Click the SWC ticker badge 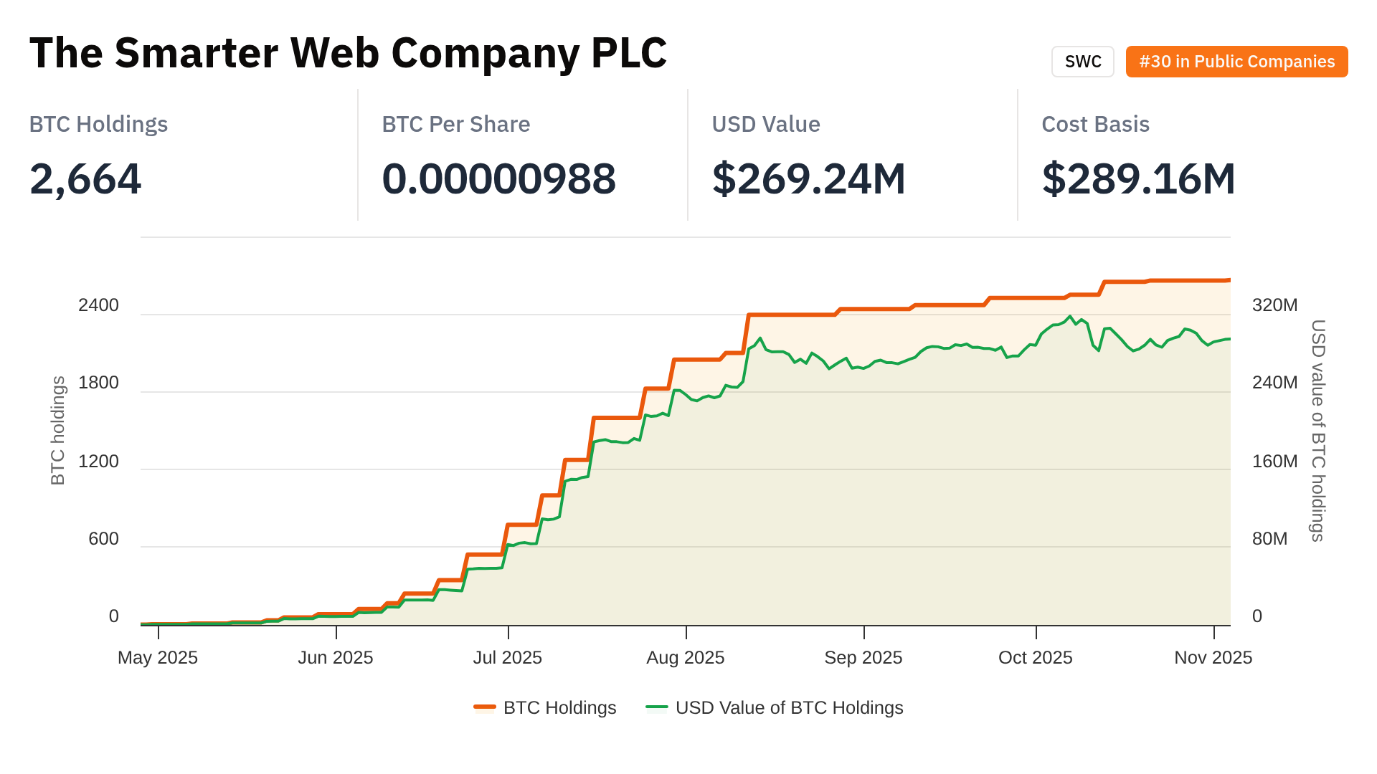[1082, 62]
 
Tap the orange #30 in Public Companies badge [1236, 62]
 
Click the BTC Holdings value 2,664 [85, 178]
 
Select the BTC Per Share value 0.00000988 [498, 178]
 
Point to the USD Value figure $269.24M [808, 178]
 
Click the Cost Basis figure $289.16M [1138, 178]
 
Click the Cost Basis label [1095, 124]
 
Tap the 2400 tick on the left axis [98, 305]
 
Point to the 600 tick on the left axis [103, 539]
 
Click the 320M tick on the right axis [1274, 305]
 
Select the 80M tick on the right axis [1269, 539]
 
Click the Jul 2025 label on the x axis [508, 658]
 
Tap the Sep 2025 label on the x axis [863, 658]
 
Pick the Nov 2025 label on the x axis [1213, 658]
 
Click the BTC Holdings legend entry [546, 708]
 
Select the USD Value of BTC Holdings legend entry [775, 708]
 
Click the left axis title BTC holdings [58, 431]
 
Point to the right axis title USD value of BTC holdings [1318, 431]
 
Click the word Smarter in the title [196, 53]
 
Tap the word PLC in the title [629, 53]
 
